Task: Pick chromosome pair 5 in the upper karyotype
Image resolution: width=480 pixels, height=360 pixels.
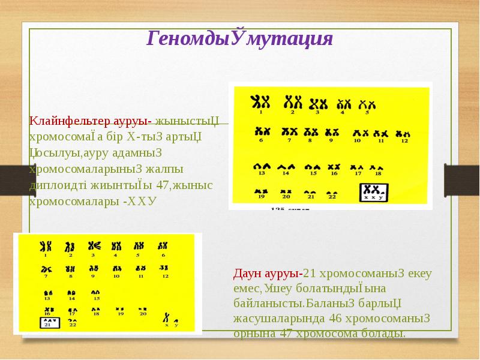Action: point(364,104)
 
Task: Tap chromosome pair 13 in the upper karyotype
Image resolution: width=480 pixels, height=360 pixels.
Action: point(261,165)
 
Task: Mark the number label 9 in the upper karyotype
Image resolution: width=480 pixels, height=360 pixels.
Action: point(330,140)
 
